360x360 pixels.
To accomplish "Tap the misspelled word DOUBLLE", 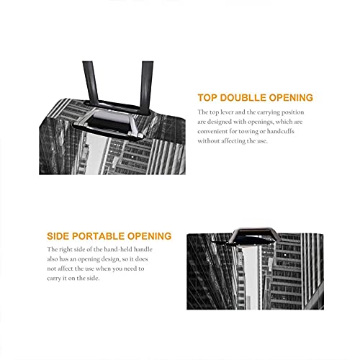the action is click(x=243, y=98).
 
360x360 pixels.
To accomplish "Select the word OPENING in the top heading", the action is click(x=291, y=98).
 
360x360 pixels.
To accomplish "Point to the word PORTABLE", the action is click(x=98, y=236).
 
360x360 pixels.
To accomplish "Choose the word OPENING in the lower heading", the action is click(x=149, y=236).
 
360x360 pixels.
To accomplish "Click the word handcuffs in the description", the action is click(x=281, y=131).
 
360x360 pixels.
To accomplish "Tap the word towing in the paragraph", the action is click(x=247, y=132).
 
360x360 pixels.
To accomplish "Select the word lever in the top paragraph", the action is click(x=227, y=112).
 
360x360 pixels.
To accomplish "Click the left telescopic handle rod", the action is click(x=91, y=83).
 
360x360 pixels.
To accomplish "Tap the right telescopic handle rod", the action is click(x=146, y=86).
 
